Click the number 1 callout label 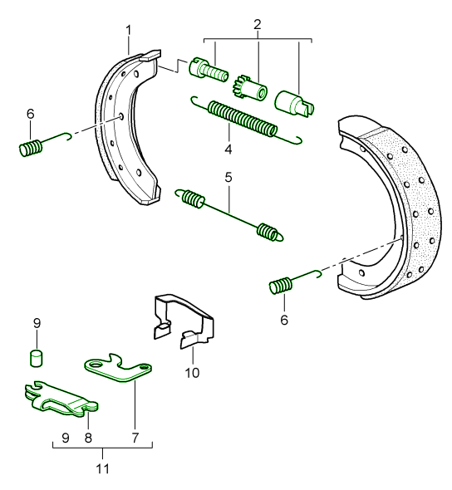[x=129, y=31]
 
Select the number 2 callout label [x=258, y=23]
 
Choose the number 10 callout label [x=192, y=373]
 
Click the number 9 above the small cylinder [x=36, y=322]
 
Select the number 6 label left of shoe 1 [x=31, y=114]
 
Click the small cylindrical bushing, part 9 [x=37, y=357]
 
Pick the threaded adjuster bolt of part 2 [x=209, y=69]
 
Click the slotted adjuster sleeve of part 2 [x=295, y=102]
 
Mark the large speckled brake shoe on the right [x=391, y=208]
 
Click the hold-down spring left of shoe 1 [x=32, y=149]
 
